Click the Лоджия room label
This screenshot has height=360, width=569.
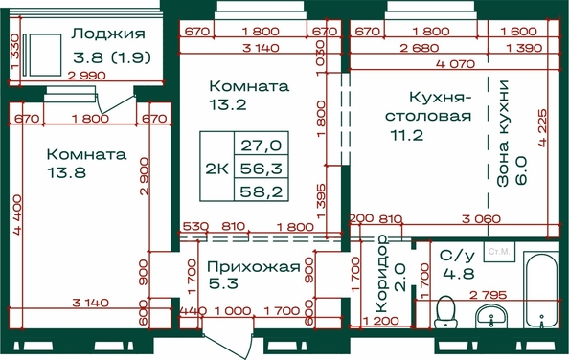tap(108, 34)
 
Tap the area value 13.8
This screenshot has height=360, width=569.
tap(66, 172)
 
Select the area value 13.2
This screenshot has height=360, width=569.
tap(228, 104)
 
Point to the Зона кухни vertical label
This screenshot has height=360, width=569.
tap(503, 133)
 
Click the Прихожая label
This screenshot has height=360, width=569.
tap(254, 267)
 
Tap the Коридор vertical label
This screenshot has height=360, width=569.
tap(382, 274)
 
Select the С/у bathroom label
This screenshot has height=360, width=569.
tap(457, 256)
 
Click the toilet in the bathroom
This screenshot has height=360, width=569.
tap(445, 312)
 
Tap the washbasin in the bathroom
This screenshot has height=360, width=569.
tap(491, 316)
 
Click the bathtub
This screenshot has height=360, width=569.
tap(541, 290)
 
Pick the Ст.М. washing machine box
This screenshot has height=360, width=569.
tap(499, 251)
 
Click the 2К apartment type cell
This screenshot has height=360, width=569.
tap(216, 169)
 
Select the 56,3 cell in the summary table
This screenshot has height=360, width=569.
tap(262, 168)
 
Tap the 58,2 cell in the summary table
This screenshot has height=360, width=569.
tap(262, 191)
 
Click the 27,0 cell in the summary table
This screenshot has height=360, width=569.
tap(262, 145)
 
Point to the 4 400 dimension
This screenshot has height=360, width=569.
tap(17, 215)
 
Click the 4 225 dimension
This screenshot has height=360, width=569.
tap(542, 127)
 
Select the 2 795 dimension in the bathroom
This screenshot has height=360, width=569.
tap(488, 295)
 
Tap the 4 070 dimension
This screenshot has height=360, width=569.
tap(455, 64)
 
